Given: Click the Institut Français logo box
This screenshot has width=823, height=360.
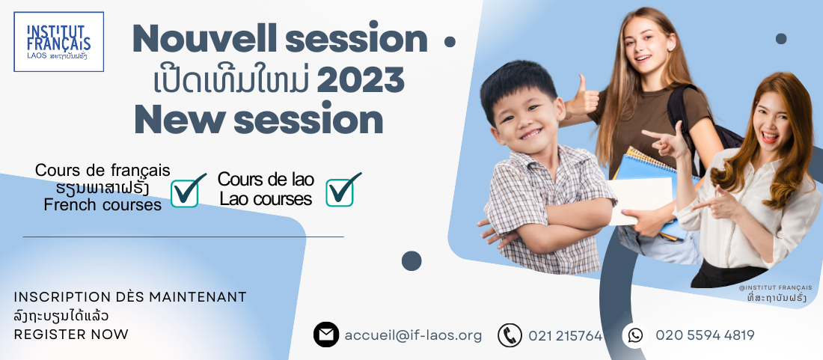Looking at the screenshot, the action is pos(59,41).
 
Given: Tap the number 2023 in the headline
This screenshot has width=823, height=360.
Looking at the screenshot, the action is pos(361,80).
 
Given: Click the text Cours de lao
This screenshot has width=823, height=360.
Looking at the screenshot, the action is pos(266,180).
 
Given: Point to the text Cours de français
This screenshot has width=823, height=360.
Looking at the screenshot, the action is pos(103,170).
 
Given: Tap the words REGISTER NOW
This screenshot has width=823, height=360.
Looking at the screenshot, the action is pos(71,335).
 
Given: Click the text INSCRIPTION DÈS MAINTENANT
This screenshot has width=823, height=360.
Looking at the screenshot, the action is pos(130,297).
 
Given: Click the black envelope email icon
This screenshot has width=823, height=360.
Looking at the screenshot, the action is pos(326,335).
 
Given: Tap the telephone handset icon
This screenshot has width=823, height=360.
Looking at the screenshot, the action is pos(510,335).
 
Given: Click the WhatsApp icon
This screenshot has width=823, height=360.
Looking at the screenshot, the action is pos(635,335).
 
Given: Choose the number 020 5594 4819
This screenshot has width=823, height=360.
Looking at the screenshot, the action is pos(705,335).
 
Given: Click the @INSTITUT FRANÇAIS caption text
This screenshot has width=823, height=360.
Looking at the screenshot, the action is pos(775,287).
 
